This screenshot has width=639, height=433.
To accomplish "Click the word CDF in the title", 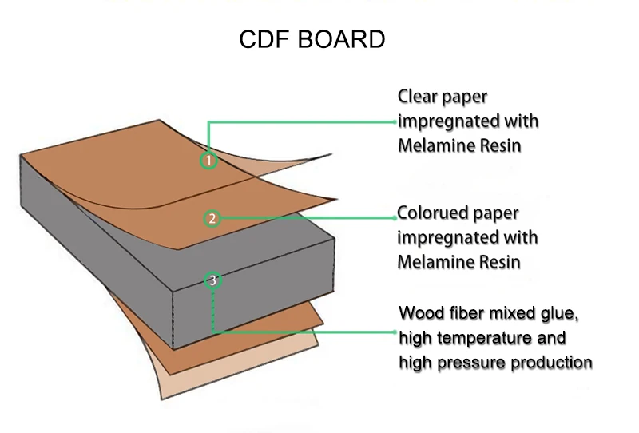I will (x=264, y=41).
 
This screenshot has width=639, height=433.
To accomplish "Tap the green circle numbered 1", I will (x=208, y=161).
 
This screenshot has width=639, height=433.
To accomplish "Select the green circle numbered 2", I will (x=212, y=218).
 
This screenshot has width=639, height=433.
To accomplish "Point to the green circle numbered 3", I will (x=212, y=280).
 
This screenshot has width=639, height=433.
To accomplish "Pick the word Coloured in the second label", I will (x=436, y=214).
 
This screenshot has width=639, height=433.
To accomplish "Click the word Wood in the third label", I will (x=420, y=312).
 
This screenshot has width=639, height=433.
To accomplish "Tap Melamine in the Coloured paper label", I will (x=436, y=262).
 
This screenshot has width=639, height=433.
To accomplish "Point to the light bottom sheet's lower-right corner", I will (x=316, y=344).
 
